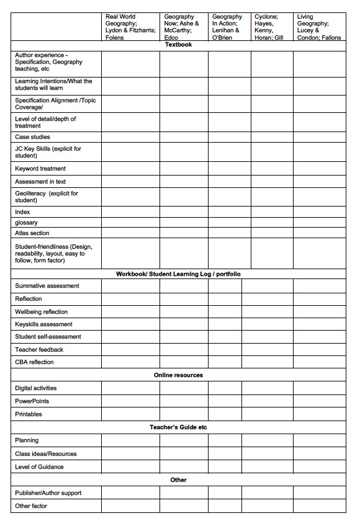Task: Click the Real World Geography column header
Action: (130, 27)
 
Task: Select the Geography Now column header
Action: (183, 27)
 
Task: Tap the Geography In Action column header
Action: (228, 27)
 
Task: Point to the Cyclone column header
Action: (271, 27)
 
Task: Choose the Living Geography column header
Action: (318, 27)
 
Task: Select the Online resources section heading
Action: (178, 375)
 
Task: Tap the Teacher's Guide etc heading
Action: (178, 427)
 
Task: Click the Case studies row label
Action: (33, 137)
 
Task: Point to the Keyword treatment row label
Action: (40, 169)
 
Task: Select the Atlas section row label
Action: (32, 233)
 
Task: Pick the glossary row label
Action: (26, 223)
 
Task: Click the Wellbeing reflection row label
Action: (42, 312)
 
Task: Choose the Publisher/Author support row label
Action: (48, 493)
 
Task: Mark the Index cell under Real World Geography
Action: (130, 212)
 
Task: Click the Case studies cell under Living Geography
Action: (319, 137)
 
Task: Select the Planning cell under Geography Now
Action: (184, 440)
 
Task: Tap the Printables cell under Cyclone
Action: (267, 414)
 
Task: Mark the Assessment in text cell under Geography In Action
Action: (229, 182)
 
